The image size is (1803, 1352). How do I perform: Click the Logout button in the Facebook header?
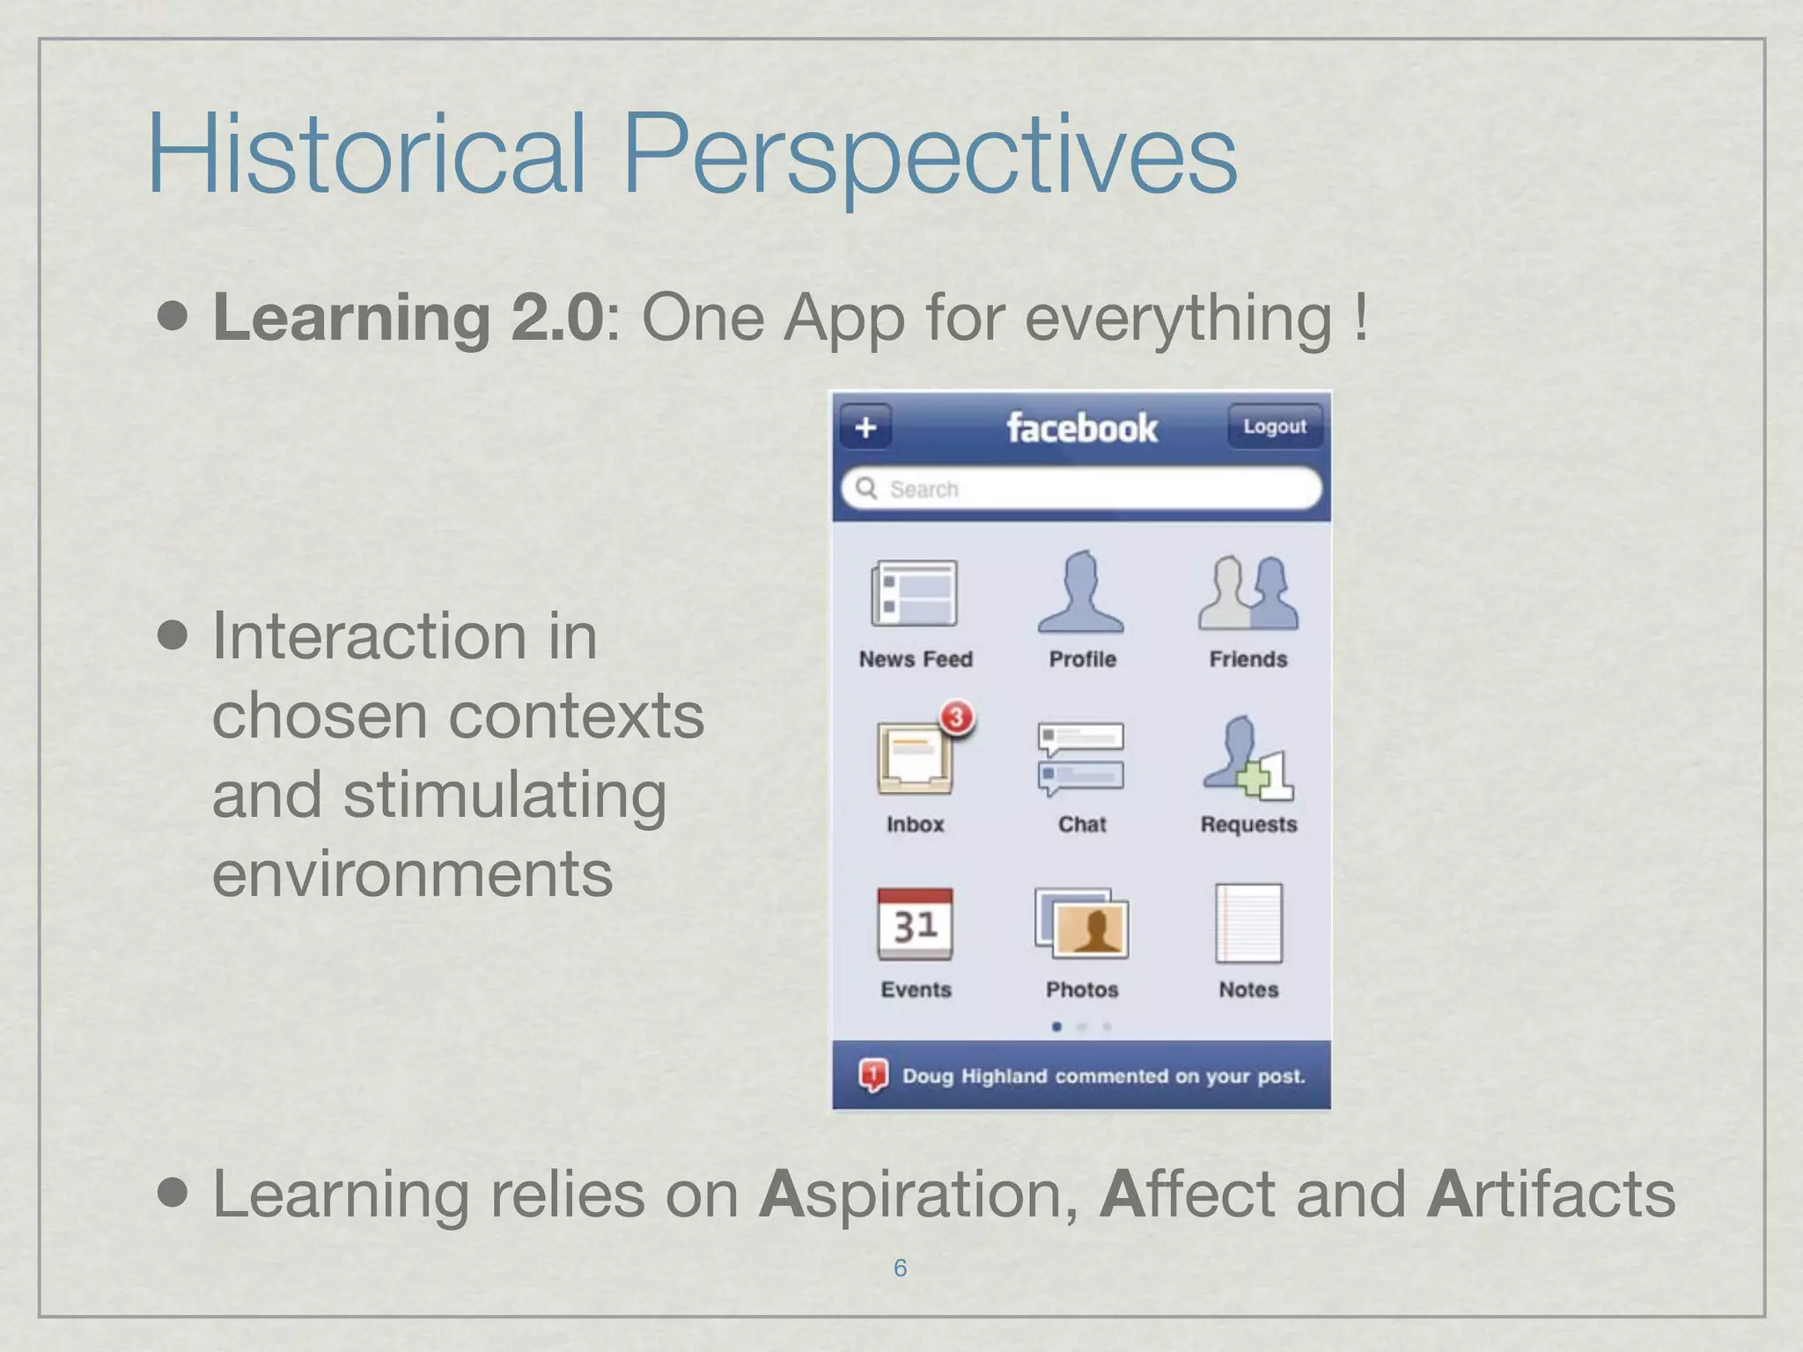click(x=1274, y=427)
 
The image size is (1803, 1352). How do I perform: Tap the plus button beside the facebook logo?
click(x=865, y=428)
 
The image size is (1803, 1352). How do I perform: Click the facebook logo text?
click(x=1081, y=429)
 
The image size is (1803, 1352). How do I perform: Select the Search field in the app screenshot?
click(x=1081, y=489)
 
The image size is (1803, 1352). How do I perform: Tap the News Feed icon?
click(x=915, y=593)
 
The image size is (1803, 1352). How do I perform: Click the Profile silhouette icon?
click(x=1081, y=592)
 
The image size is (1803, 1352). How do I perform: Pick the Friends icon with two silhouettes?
click(x=1247, y=592)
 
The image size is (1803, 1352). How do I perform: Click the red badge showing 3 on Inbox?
click(x=957, y=717)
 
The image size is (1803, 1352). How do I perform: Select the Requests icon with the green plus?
click(x=1247, y=759)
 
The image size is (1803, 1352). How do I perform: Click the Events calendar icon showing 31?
click(x=915, y=924)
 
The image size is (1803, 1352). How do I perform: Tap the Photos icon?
click(x=1081, y=924)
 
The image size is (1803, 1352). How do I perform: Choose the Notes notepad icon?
click(x=1248, y=924)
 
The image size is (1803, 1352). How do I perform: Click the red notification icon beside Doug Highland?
click(x=872, y=1075)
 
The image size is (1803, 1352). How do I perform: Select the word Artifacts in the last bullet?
click(x=1550, y=1194)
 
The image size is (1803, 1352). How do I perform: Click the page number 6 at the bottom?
click(x=900, y=1267)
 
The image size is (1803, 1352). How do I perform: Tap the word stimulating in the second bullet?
click(x=504, y=795)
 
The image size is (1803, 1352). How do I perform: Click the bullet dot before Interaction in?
click(x=173, y=636)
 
